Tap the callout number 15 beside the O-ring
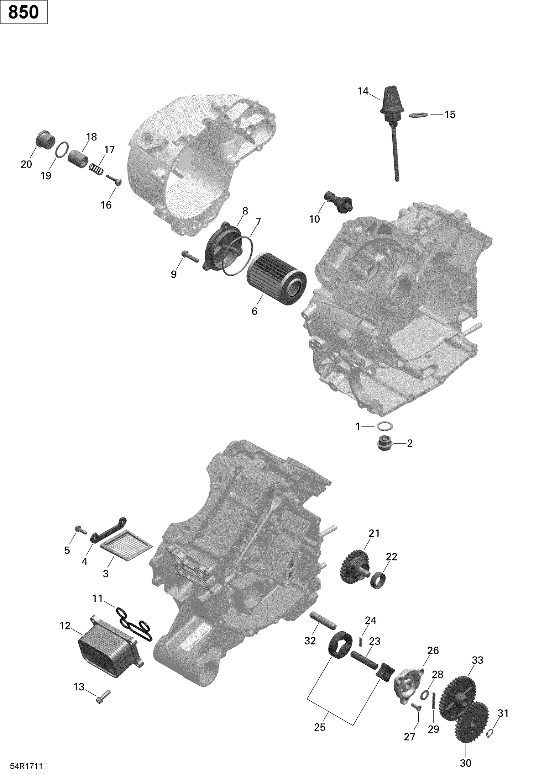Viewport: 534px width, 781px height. tap(450, 115)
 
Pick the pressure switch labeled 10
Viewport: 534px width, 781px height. tap(339, 202)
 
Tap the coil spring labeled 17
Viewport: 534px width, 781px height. tap(96, 169)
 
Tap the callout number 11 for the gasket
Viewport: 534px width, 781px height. tap(97, 599)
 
